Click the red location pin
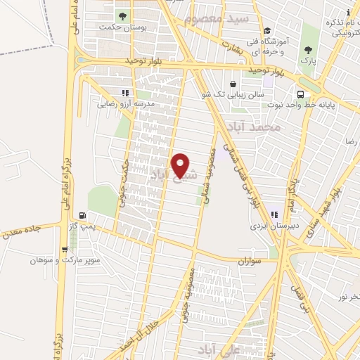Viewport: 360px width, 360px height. (x=181, y=165)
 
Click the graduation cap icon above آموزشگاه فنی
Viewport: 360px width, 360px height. (x=267, y=31)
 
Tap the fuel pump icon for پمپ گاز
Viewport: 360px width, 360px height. (x=84, y=216)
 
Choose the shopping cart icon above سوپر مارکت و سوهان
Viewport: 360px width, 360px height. (x=65, y=248)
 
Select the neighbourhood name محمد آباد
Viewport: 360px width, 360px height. (x=255, y=128)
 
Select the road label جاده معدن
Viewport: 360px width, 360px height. (x=20, y=230)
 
